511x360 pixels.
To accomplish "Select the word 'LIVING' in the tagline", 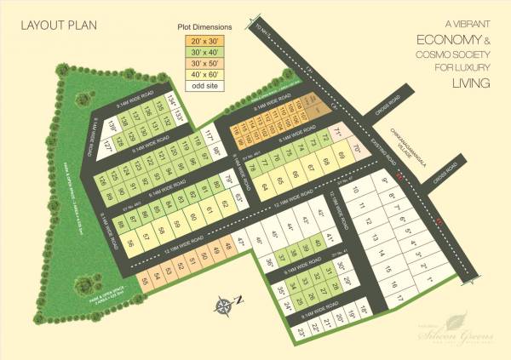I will tap(475, 83).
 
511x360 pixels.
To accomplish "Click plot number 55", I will tap(147, 281).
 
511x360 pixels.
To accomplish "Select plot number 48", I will tap(227, 248).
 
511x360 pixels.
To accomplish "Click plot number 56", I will tap(130, 242).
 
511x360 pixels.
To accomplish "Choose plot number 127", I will tap(108, 146).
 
